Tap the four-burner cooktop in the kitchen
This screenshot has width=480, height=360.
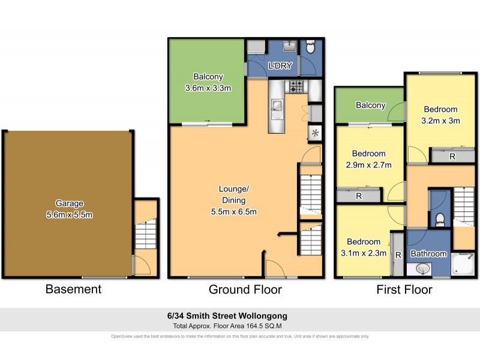click(296, 86)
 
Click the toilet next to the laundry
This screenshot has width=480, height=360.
click(310, 47)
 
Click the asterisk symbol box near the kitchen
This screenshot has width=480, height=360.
click(314, 133)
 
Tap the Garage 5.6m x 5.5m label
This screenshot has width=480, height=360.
click(70, 209)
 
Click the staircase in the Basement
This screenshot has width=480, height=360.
click(145, 234)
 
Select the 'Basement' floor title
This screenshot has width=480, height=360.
click(73, 289)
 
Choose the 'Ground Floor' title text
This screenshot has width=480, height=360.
click(245, 289)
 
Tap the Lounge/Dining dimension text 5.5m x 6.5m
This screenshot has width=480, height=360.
click(233, 211)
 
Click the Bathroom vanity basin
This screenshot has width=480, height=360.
click(424, 268)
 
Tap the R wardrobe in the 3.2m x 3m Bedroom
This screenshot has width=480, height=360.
click(451, 157)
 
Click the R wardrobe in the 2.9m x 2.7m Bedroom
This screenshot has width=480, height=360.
click(358, 195)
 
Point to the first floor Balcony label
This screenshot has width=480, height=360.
click(370, 106)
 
